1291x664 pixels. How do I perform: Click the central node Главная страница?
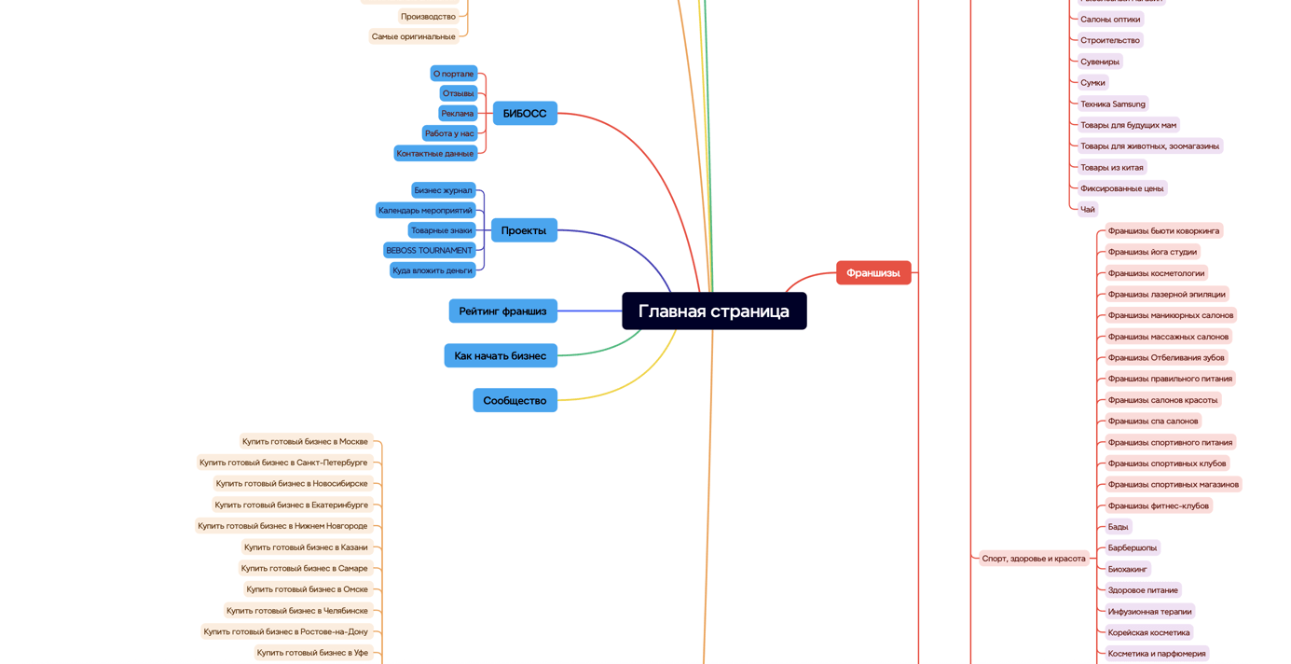714,311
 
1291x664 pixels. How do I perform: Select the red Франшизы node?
873,272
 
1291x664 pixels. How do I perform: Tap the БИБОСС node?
525,113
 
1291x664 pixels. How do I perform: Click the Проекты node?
524,230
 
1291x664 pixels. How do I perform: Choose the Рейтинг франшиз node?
502,311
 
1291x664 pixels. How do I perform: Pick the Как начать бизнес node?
501,355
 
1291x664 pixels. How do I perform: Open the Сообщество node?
515,400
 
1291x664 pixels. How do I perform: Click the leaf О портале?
453,74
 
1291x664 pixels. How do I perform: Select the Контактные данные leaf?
435,153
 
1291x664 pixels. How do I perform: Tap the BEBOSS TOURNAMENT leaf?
429,250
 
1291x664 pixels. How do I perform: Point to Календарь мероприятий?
425,210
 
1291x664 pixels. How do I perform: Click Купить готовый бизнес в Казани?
306,547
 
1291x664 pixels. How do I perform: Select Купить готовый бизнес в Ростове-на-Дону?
286,631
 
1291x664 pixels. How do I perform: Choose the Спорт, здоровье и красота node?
1034,559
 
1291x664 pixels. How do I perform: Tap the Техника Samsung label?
1112,104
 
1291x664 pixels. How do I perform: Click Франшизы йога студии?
1152,252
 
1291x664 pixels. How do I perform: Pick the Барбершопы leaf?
1132,547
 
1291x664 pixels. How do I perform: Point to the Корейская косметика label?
1148,632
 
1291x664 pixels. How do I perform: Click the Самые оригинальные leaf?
414,36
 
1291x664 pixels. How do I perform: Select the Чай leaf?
1087,209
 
